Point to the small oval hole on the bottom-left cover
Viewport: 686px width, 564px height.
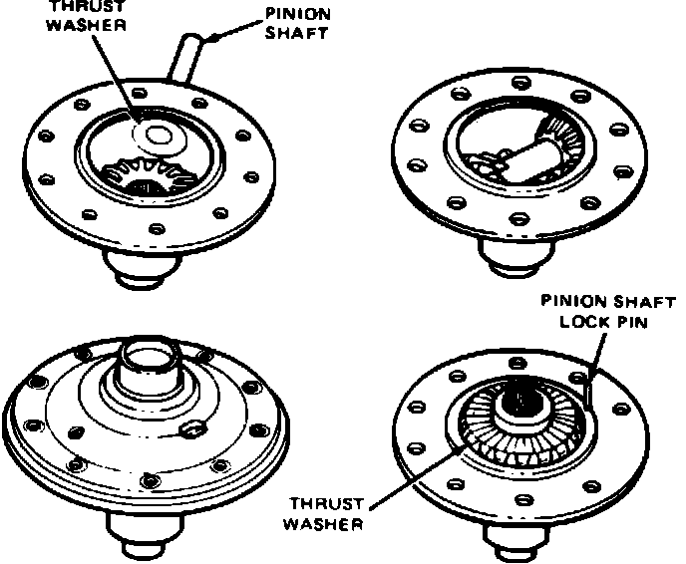tap(192, 429)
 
